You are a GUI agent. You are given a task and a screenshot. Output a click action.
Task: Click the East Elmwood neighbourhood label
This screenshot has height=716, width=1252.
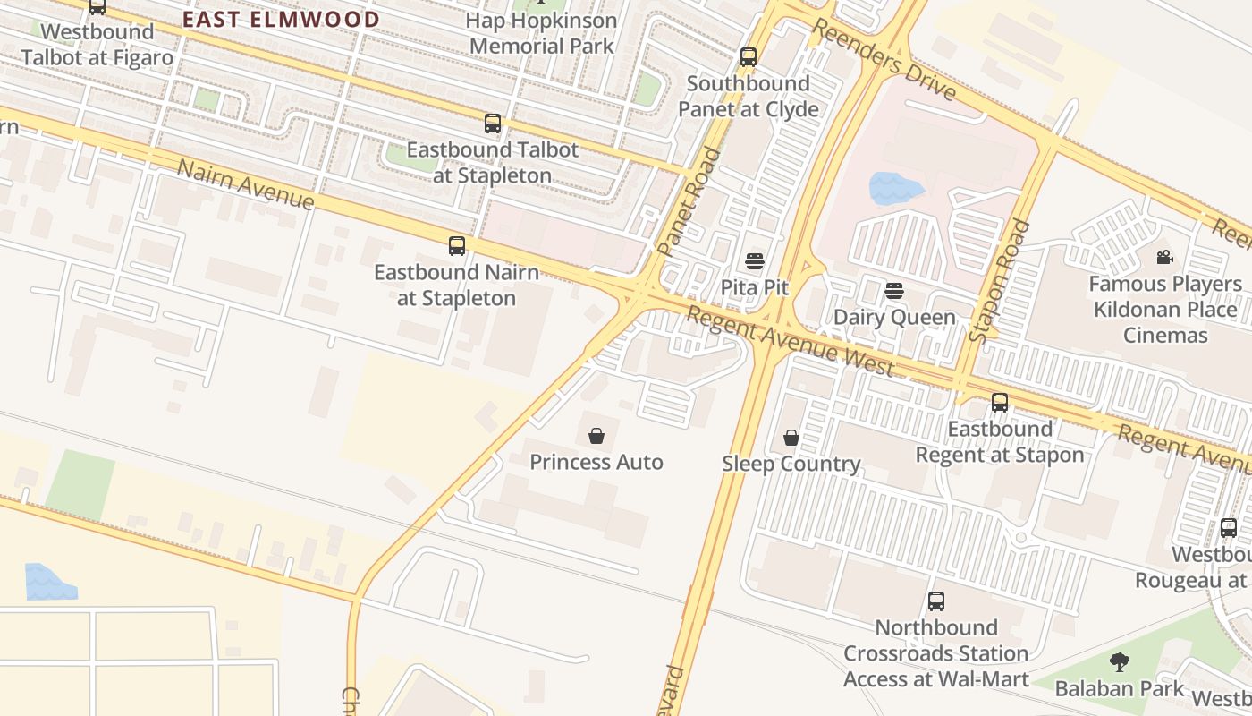pyautogui.click(x=281, y=19)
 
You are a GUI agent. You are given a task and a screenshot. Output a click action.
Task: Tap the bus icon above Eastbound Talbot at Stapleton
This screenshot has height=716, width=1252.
pyautogui.click(x=493, y=124)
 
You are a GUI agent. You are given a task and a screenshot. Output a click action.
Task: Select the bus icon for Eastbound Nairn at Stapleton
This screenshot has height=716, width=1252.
pyautogui.click(x=457, y=245)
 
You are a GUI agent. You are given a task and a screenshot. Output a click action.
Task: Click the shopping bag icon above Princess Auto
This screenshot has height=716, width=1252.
pyautogui.click(x=596, y=436)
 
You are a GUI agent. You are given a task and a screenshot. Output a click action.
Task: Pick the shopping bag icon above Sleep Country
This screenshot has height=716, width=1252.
pyautogui.click(x=791, y=438)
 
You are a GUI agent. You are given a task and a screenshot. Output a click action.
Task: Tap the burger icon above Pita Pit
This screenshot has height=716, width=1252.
pyautogui.click(x=755, y=261)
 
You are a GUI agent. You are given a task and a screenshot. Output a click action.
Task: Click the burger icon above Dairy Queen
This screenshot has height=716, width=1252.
pyautogui.click(x=894, y=290)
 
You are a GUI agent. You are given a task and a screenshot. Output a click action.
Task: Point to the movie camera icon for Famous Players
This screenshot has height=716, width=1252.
pyautogui.click(x=1164, y=258)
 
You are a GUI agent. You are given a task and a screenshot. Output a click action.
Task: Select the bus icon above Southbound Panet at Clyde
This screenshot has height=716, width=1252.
pyautogui.click(x=749, y=57)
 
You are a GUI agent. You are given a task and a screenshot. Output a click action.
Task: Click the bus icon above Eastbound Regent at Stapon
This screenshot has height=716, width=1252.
pyautogui.click(x=1000, y=403)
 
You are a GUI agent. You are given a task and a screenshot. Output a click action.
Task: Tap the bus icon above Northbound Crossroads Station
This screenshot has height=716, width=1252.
pyautogui.click(x=936, y=601)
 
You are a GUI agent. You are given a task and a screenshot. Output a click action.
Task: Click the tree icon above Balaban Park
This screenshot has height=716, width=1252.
pyautogui.click(x=1119, y=662)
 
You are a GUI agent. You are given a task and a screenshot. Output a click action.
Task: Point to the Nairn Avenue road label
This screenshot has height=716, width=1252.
pyautogui.click(x=246, y=185)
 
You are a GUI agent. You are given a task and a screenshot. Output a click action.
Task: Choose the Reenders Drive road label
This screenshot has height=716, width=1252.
pyautogui.click(x=883, y=60)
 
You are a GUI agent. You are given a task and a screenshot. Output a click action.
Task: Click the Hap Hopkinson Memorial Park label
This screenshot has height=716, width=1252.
pyautogui.click(x=543, y=33)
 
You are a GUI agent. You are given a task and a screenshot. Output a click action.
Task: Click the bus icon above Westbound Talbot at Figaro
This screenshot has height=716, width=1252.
pyautogui.click(x=97, y=7)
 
